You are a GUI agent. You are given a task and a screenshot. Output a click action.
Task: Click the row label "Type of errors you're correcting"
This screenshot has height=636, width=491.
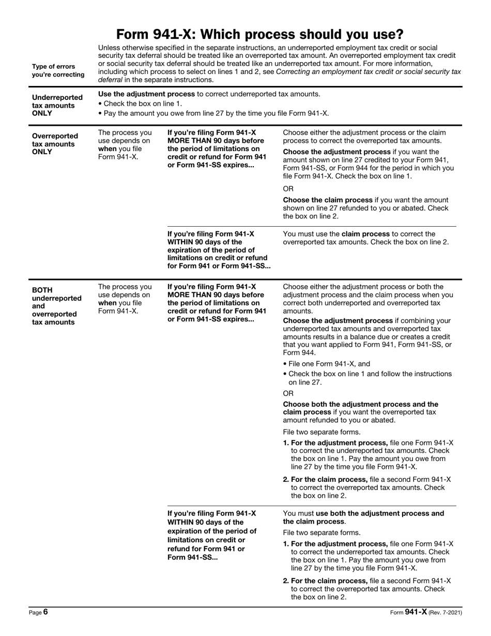click(53, 70)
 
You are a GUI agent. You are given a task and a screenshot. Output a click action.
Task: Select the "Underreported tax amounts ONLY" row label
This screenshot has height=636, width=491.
click(57, 105)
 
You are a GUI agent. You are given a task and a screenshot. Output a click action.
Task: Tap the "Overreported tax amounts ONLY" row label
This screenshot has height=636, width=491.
click(55, 144)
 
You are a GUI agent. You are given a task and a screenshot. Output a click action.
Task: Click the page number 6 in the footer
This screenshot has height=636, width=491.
click(45, 612)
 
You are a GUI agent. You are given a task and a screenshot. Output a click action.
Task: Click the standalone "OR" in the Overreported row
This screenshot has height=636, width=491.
click(288, 189)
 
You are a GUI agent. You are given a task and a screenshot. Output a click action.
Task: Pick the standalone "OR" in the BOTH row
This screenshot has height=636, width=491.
click(288, 393)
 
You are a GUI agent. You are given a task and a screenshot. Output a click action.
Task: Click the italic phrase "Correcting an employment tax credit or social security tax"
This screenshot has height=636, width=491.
click(369, 72)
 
